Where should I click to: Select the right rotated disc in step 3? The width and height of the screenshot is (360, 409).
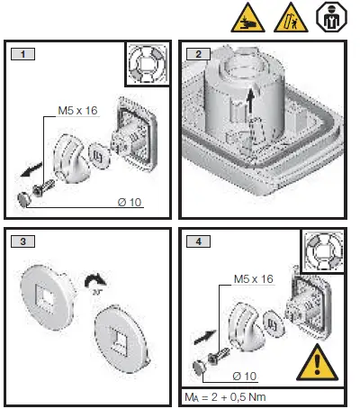click(121, 337)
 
